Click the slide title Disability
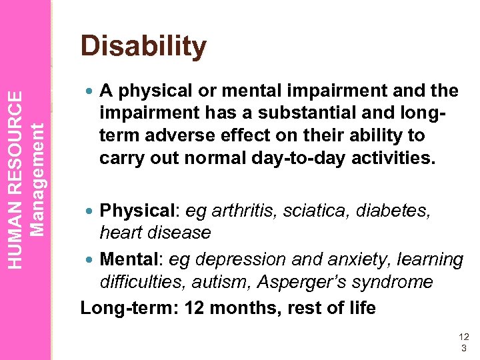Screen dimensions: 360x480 point(143,47)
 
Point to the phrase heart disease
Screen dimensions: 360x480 point(155,233)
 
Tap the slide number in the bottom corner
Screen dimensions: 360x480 point(464,343)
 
